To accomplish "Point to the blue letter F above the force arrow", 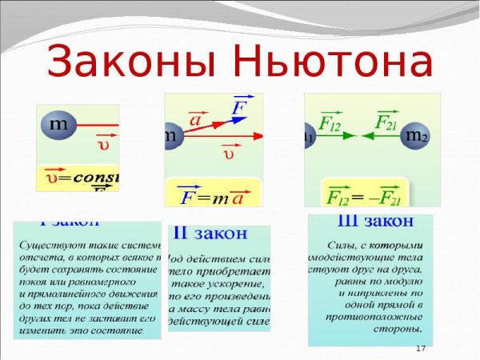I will click(238, 107).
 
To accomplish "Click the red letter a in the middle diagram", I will click(195, 119).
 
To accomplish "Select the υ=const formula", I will click(78, 177).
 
